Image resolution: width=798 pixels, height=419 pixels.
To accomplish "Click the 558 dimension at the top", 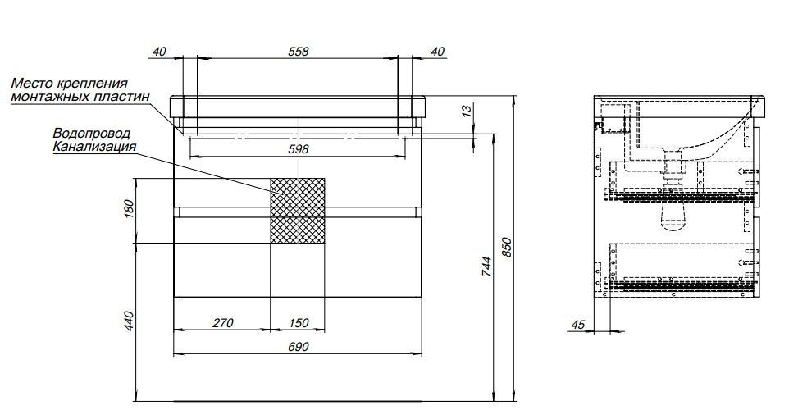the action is coord(299,52).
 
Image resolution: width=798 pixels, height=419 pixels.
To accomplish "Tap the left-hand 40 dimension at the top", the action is coord(159,52).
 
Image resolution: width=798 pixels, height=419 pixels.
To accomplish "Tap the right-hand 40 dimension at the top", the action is coord(437,52).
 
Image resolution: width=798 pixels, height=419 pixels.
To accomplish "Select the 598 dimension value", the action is coord(299,149).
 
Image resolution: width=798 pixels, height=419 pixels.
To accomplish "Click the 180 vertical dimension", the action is coord(128,209).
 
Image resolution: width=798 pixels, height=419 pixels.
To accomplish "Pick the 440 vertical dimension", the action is coord(128,321).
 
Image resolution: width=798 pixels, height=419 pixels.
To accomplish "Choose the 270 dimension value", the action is coord(222,323).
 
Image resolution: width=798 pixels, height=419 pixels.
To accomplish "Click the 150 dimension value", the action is coord(299,323).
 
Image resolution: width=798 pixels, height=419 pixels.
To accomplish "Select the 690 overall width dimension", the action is coord(299,347).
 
